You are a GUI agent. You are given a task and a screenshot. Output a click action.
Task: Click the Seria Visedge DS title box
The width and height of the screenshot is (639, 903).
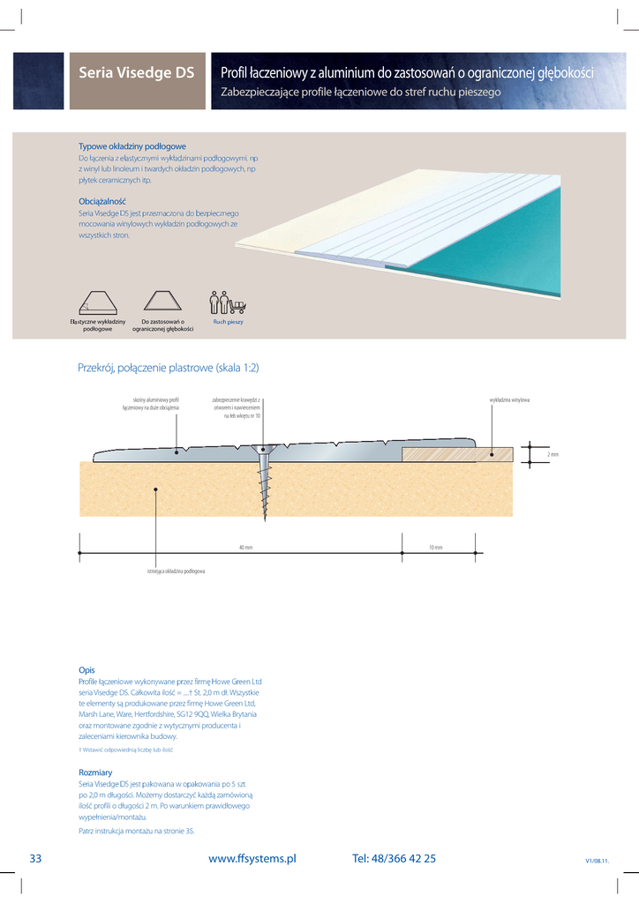click(137, 73)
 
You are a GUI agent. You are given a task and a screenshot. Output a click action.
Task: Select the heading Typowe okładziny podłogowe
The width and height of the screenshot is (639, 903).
click(132, 146)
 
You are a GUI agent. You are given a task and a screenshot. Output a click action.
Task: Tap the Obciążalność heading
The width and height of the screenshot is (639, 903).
click(102, 202)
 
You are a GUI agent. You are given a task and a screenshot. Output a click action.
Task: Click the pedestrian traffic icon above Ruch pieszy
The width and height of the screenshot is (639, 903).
click(228, 302)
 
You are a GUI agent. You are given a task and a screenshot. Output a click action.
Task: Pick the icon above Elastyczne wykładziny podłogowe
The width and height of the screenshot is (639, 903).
click(97, 302)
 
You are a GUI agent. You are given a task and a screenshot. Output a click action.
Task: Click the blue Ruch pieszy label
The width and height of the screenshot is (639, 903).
click(228, 322)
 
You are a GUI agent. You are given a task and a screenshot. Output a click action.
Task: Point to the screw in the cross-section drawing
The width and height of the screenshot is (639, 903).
click(264, 481)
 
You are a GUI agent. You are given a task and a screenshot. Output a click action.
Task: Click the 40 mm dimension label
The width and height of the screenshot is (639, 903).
click(245, 548)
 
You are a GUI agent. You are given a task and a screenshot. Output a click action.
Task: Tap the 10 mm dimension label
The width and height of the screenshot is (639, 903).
click(436, 548)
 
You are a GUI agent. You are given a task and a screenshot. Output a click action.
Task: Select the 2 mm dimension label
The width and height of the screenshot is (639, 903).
click(553, 455)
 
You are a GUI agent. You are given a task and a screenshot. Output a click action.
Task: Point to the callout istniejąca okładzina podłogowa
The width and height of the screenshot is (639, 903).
click(177, 572)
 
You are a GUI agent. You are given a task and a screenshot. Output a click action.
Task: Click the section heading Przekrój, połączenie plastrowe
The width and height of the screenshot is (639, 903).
click(169, 368)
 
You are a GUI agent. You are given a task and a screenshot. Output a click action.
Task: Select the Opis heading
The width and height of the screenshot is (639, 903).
click(86, 670)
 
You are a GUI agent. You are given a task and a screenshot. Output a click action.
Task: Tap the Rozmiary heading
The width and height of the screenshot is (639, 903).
click(94, 772)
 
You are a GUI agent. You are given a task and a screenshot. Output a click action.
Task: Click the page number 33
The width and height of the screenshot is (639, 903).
click(36, 858)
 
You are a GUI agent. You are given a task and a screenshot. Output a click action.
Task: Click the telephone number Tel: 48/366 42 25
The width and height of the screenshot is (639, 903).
click(394, 858)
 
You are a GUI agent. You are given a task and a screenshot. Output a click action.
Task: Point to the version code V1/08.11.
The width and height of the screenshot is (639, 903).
click(598, 861)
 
